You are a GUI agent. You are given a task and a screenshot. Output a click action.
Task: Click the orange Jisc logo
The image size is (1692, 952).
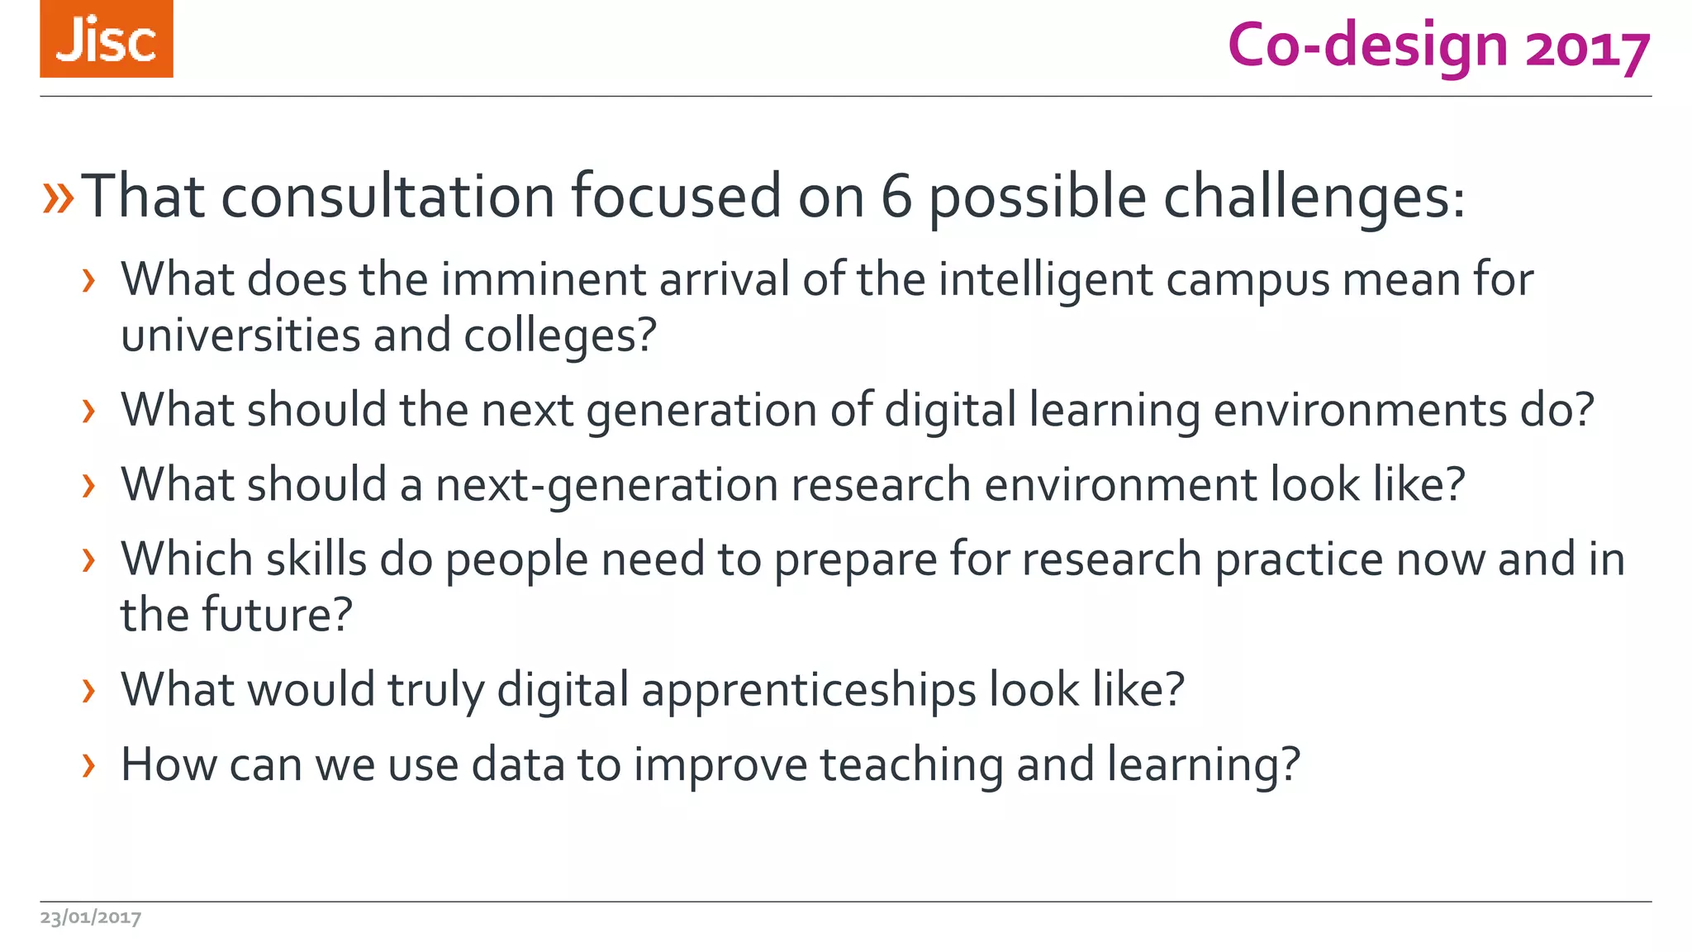[106, 39]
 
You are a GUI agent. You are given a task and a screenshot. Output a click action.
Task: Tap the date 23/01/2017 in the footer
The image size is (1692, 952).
[91, 917]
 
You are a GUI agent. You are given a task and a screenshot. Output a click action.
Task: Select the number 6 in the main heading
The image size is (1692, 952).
[896, 197]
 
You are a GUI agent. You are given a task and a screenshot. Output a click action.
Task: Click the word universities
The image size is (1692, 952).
[240, 336]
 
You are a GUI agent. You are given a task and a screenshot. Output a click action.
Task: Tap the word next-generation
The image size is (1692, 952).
[606, 485]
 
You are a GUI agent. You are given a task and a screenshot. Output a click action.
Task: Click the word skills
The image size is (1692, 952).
[316, 559]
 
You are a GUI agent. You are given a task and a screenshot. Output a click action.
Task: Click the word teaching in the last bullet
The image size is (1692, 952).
[911, 765]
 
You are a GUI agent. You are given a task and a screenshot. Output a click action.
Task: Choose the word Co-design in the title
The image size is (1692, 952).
[1367, 45]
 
